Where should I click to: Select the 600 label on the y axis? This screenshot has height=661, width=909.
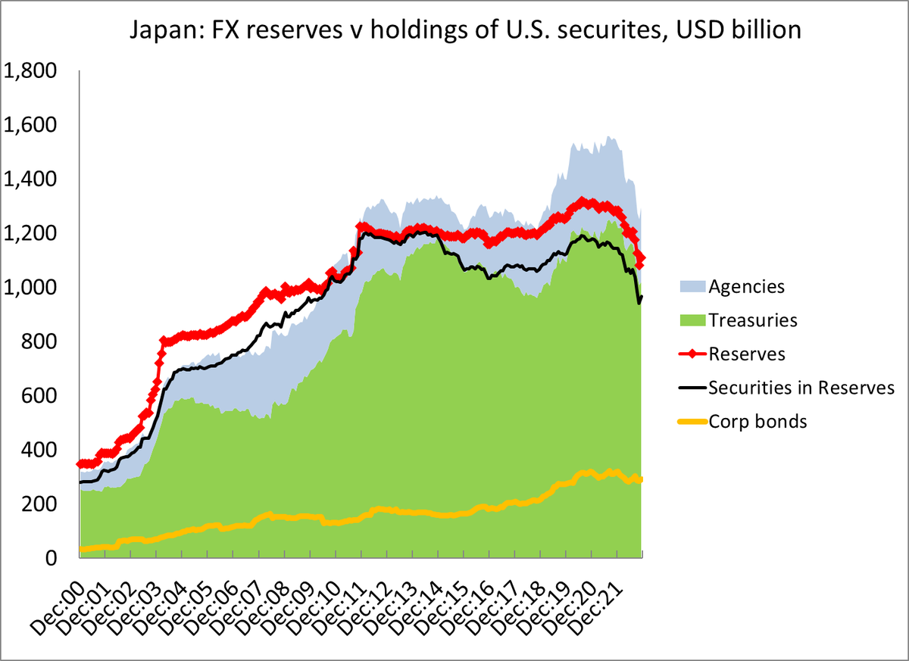(x=39, y=396)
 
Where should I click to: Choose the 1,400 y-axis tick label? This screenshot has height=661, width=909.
(x=31, y=179)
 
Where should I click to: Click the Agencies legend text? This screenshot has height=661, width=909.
(x=746, y=287)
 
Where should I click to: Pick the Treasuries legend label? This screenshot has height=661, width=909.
(x=753, y=320)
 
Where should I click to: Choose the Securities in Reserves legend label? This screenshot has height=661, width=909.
(x=802, y=388)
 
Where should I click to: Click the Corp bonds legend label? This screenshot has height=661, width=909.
(x=758, y=422)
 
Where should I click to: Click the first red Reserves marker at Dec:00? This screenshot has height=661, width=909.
(x=80, y=463)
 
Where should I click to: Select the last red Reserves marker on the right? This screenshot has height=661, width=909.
(x=642, y=260)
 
